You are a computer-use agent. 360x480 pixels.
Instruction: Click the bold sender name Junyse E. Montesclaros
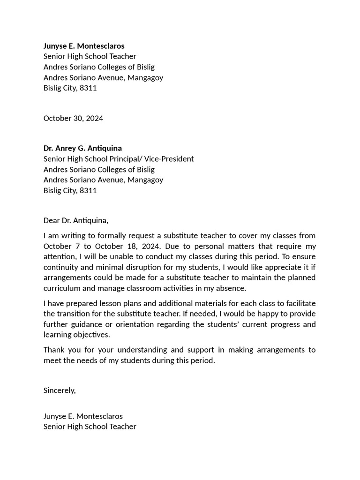(84, 46)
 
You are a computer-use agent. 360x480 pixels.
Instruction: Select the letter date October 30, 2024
(73, 118)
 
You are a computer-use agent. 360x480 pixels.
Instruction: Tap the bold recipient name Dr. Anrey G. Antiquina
(82, 148)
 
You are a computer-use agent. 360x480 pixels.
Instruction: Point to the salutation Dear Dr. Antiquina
(75, 220)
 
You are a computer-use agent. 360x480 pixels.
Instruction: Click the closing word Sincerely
(60, 390)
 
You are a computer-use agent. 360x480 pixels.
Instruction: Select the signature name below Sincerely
(83, 416)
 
